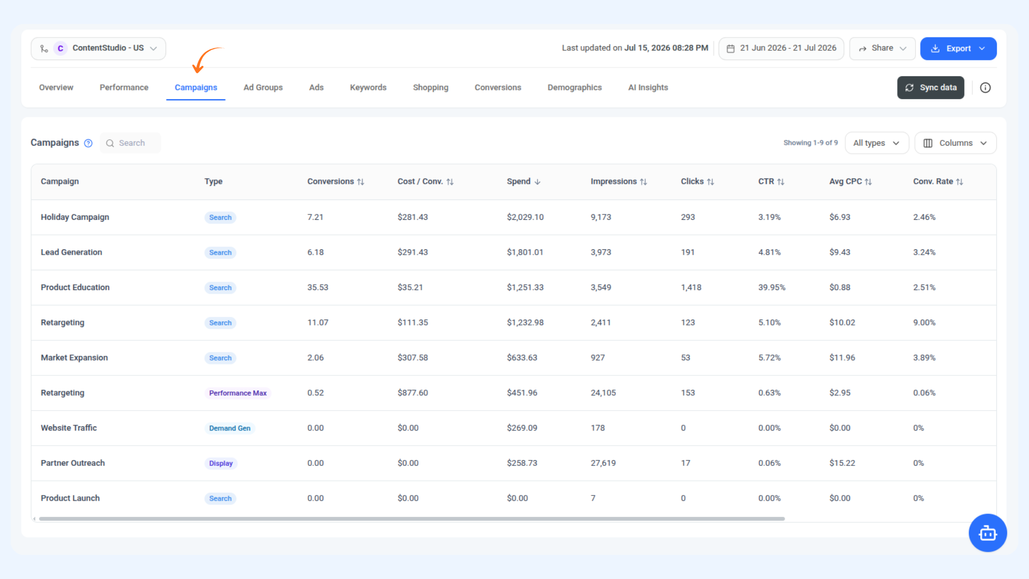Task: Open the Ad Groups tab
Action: (x=263, y=87)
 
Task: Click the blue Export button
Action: (x=958, y=48)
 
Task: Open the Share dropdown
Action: (x=882, y=48)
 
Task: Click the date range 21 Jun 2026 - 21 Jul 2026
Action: (x=781, y=48)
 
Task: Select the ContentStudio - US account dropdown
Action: (x=98, y=48)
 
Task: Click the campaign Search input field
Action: (x=130, y=143)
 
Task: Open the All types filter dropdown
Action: (x=877, y=143)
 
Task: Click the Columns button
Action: (x=956, y=143)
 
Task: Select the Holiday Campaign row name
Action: (x=75, y=217)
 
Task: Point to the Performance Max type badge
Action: (x=237, y=393)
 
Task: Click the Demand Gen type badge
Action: (x=229, y=428)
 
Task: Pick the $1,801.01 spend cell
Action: (x=525, y=253)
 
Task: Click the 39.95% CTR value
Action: (x=771, y=287)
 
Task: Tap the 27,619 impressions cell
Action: (x=603, y=463)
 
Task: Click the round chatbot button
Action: (x=987, y=533)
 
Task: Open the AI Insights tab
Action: (x=648, y=87)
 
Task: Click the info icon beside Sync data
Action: (x=985, y=88)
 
